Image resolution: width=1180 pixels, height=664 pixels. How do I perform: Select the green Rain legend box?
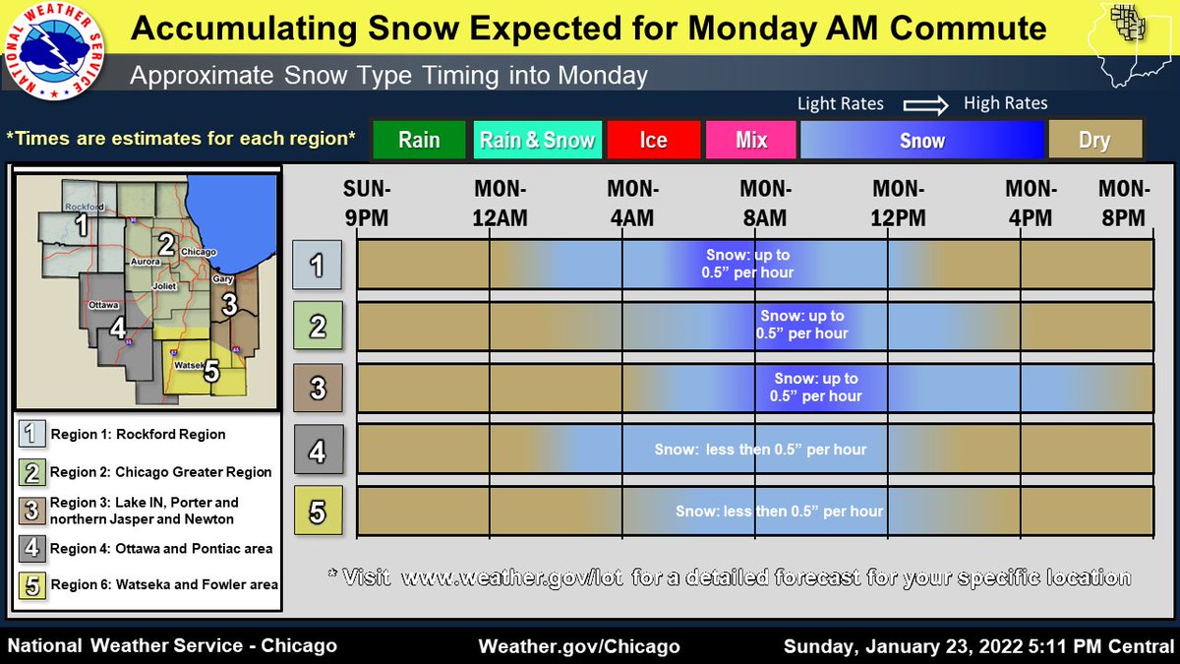(x=419, y=141)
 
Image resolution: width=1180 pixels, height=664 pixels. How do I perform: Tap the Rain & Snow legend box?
(x=537, y=141)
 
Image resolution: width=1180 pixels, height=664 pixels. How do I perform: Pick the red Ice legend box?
(x=654, y=141)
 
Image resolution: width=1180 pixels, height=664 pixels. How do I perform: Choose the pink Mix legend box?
(x=751, y=141)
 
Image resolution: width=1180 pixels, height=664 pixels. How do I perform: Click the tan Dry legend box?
(x=1094, y=141)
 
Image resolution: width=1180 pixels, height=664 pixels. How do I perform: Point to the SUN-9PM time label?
(x=367, y=204)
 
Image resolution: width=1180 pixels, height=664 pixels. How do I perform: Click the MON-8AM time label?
(x=764, y=204)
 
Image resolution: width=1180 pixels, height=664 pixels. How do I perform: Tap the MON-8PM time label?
(x=1122, y=204)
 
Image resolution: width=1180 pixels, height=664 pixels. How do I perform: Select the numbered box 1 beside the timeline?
(x=318, y=264)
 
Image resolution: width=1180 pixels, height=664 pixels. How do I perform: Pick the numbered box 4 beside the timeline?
(x=318, y=450)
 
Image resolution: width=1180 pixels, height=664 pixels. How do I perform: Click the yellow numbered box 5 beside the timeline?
(x=318, y=511)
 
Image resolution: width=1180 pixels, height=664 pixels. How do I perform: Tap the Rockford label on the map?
(x=84, y=207)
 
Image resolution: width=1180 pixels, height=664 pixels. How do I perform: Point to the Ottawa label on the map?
(x=103, y=305)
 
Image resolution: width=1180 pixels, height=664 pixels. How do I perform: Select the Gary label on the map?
(x=223, y=279)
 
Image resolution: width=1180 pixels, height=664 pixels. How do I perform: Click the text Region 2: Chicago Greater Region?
(x=160, y=472)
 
